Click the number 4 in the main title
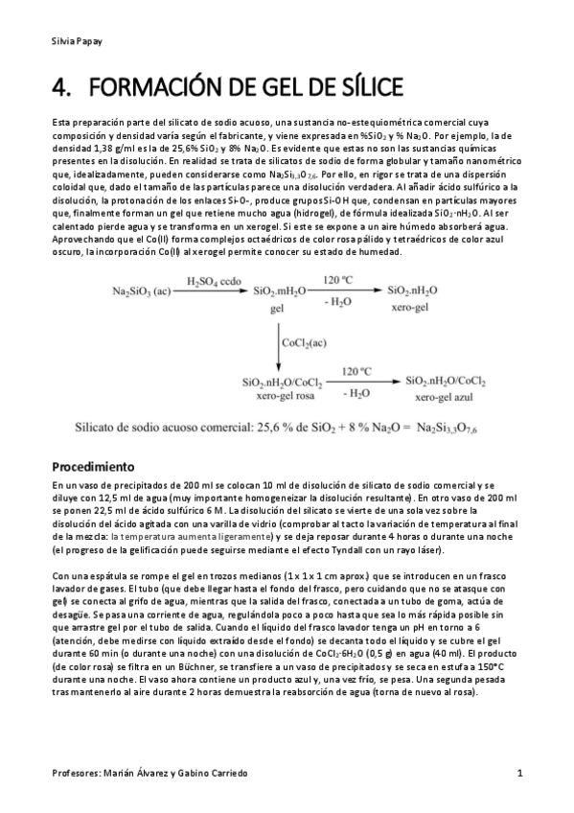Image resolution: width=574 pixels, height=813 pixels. (60, 88)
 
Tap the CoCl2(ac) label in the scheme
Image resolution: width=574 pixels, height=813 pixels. (305, 340)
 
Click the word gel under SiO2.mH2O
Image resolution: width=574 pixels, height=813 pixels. (279, 311)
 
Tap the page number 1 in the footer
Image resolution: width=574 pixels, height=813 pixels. (518, 773)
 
